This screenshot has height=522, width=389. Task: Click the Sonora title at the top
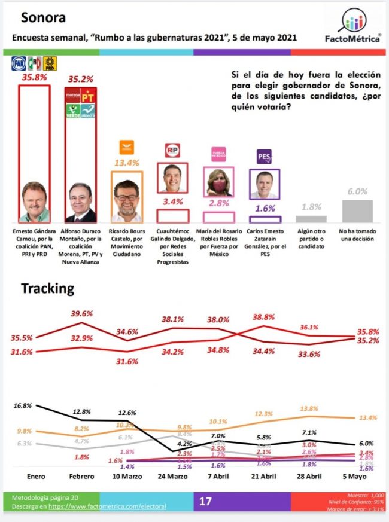(x=43, y=17)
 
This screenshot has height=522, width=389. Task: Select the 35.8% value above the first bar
(x=34, y=77)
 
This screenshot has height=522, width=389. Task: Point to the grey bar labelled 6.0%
(x=357, y=211)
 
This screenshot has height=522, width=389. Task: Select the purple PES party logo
(x=264, y=157)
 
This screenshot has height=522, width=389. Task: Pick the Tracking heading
(x=48, y=288)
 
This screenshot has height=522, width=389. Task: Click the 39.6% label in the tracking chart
(x=83, y=313)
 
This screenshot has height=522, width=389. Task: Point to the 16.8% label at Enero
(x=22, y=405)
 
